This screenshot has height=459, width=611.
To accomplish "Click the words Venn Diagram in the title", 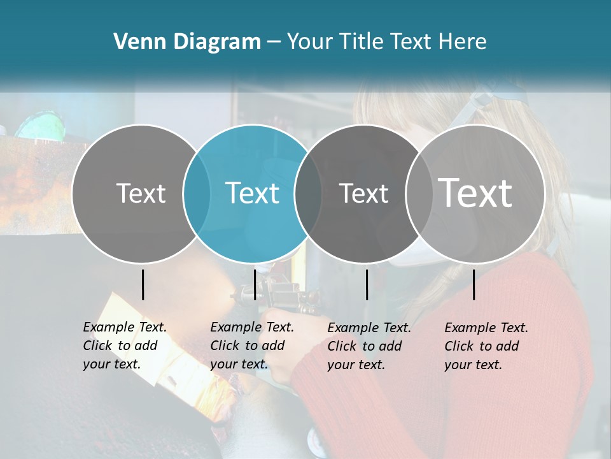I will point(187,42).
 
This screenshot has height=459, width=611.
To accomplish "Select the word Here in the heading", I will point(463,42).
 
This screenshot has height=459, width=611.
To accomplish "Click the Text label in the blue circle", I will point(253,193).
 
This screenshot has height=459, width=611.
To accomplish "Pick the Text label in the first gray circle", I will point(141,193).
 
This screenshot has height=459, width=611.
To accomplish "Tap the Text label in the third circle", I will point(363,193).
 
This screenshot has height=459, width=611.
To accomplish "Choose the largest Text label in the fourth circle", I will point(475,193).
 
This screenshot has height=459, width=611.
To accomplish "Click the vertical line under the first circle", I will point(143,284).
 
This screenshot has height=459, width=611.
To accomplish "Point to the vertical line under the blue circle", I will point(255,284).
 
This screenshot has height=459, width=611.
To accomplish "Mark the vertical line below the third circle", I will point(367,284).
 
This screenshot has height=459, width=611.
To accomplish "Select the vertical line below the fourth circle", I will point(474,284).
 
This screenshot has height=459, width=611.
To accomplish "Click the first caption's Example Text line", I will point(125,327).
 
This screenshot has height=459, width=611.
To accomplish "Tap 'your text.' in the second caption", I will point(239,364).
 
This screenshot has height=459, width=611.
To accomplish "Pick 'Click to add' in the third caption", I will point(365,346).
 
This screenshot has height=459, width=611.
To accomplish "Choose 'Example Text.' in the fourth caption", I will point(486,328).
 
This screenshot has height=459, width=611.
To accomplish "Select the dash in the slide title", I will point(274,43).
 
